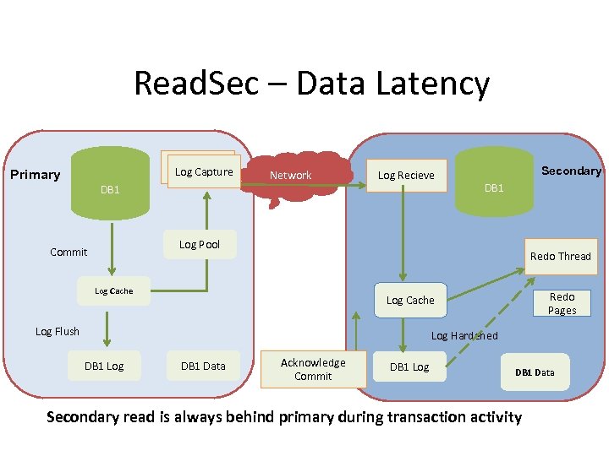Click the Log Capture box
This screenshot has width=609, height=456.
tap(204, 172)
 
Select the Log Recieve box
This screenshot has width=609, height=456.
tap(406, 176)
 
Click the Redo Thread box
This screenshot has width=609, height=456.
tap(560, 257)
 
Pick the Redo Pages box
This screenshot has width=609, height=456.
tap(562, 304)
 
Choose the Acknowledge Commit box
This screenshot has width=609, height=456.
tap(313, 369)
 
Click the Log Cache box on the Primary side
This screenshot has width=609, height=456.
tap(114, 291)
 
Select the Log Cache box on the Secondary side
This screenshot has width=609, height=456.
tap(410, 301)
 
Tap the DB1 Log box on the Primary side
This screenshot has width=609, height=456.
tap(104, 366)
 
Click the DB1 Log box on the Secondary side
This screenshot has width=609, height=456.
tap(409, 366)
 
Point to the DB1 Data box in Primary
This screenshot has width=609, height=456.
tap(203, 366)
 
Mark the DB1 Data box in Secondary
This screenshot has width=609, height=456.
tap(535, 372)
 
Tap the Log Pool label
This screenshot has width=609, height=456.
tap(200, 245)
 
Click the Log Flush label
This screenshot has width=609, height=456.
tap(58, 332)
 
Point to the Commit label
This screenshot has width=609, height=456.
tap(69, 252)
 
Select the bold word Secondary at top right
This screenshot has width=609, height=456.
tap(571, 171)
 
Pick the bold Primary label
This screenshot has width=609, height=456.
tap(36, 175)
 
